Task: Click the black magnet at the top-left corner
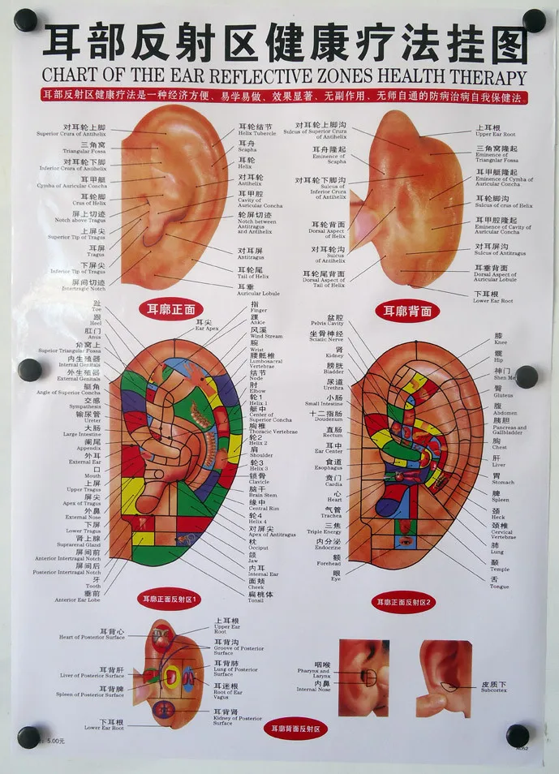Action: tap(26, 20)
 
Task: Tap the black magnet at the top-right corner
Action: tap(534, 20)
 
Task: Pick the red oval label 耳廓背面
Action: tap(402, 310)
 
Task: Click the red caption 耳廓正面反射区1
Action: tap(172, 600)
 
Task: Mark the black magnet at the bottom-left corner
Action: tap(28, 737)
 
